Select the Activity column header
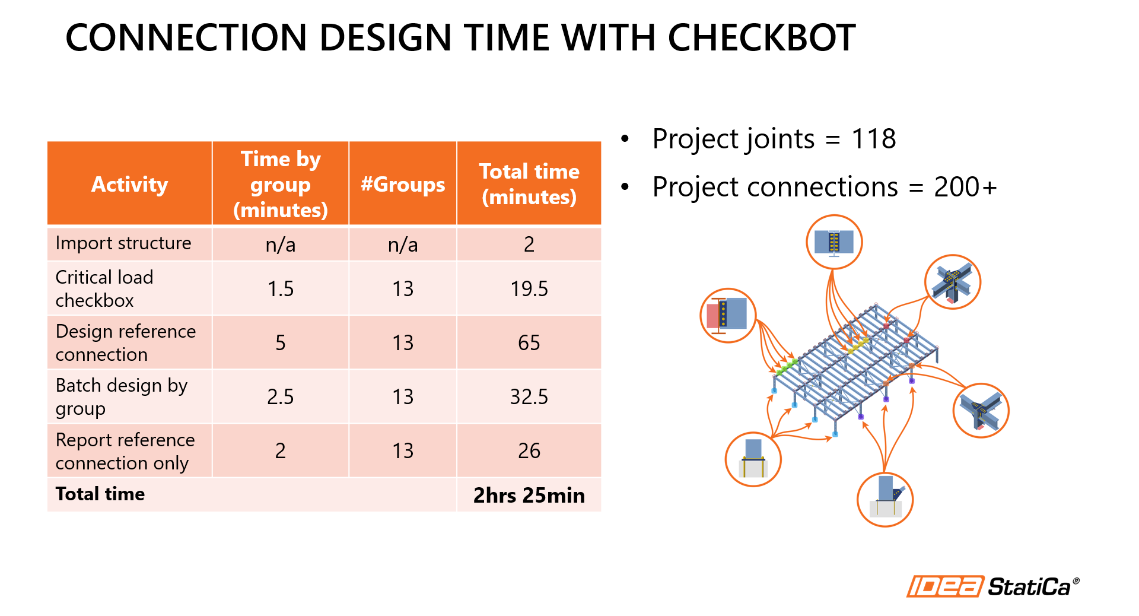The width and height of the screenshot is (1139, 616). (x=129, y=184)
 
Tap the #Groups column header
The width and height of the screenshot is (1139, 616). (x=403, y=184)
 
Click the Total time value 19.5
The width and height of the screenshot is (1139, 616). (x=529, y=288)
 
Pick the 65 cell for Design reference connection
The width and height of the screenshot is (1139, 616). (x=529, y=342)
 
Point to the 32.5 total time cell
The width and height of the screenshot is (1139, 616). (x=529, y=396)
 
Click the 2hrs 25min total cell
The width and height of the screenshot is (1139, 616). (x=529, y=495)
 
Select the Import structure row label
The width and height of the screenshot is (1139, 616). (x=123, y=243)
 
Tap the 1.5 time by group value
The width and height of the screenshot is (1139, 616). (x=281, y=288)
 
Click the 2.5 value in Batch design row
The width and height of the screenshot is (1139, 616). (x=281, y=396)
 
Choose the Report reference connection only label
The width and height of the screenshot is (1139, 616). (x=125, y=451)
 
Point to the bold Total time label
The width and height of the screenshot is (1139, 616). (x=100, y=494)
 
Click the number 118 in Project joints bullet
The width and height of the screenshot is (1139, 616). (x=873, y=139)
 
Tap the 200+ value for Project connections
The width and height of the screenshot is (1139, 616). (x=965, y=187)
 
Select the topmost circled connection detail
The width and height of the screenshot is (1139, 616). (x=834, y=242)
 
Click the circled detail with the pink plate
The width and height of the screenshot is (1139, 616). (x=728, y=315)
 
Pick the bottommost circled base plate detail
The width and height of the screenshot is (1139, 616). (x=885, y=500)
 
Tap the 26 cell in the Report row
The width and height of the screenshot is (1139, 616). (x=529, y=450)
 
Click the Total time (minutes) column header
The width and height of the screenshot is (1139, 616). (x=529, y=184)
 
